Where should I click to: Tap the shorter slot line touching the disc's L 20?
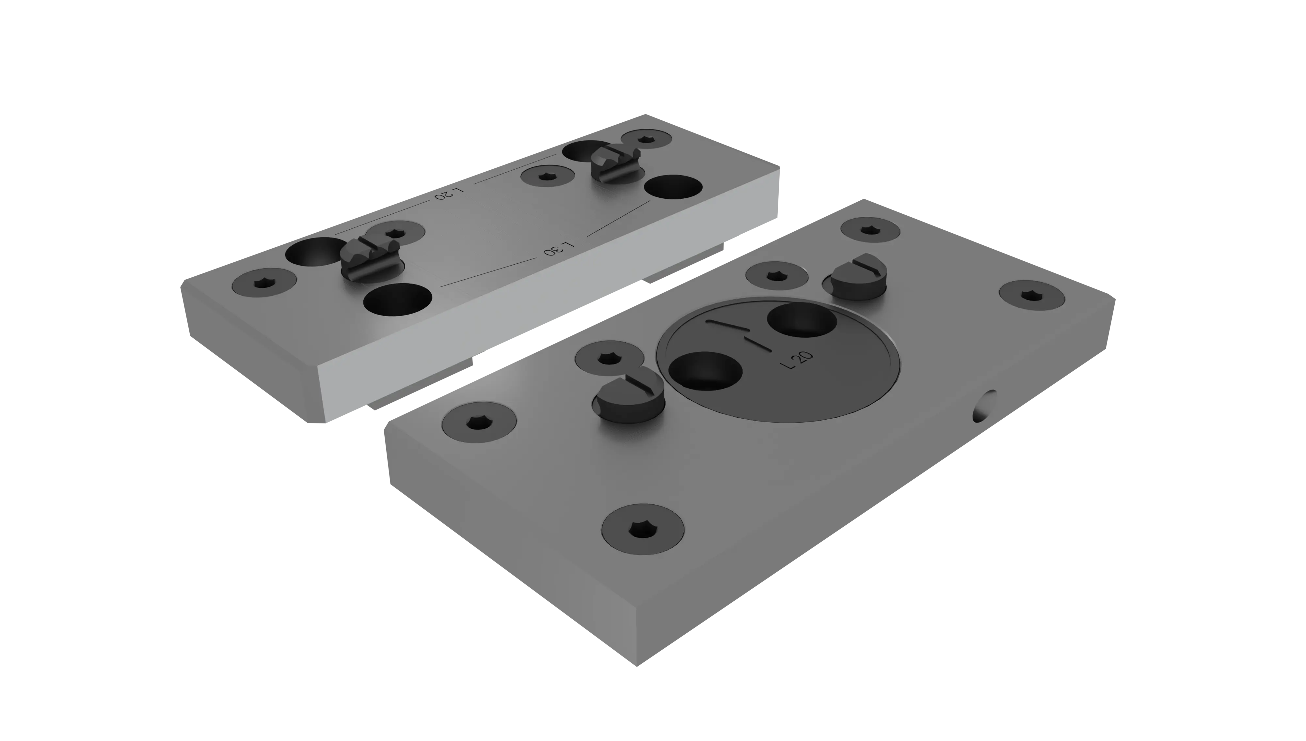click(759, 344)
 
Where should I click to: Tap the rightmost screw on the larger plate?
click(1031, 295)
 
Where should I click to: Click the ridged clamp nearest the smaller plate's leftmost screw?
click(370, 257)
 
